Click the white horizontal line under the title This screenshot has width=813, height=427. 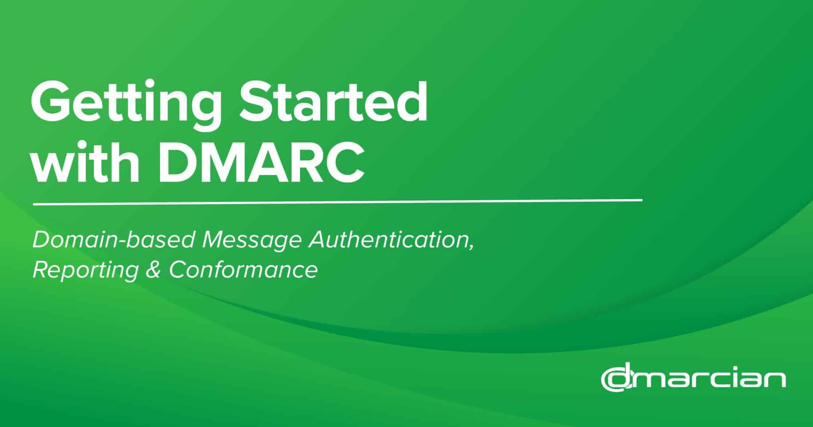[337, 202]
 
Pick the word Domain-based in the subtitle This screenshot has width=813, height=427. [114, 241]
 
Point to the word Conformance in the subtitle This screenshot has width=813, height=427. [243, 270]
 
